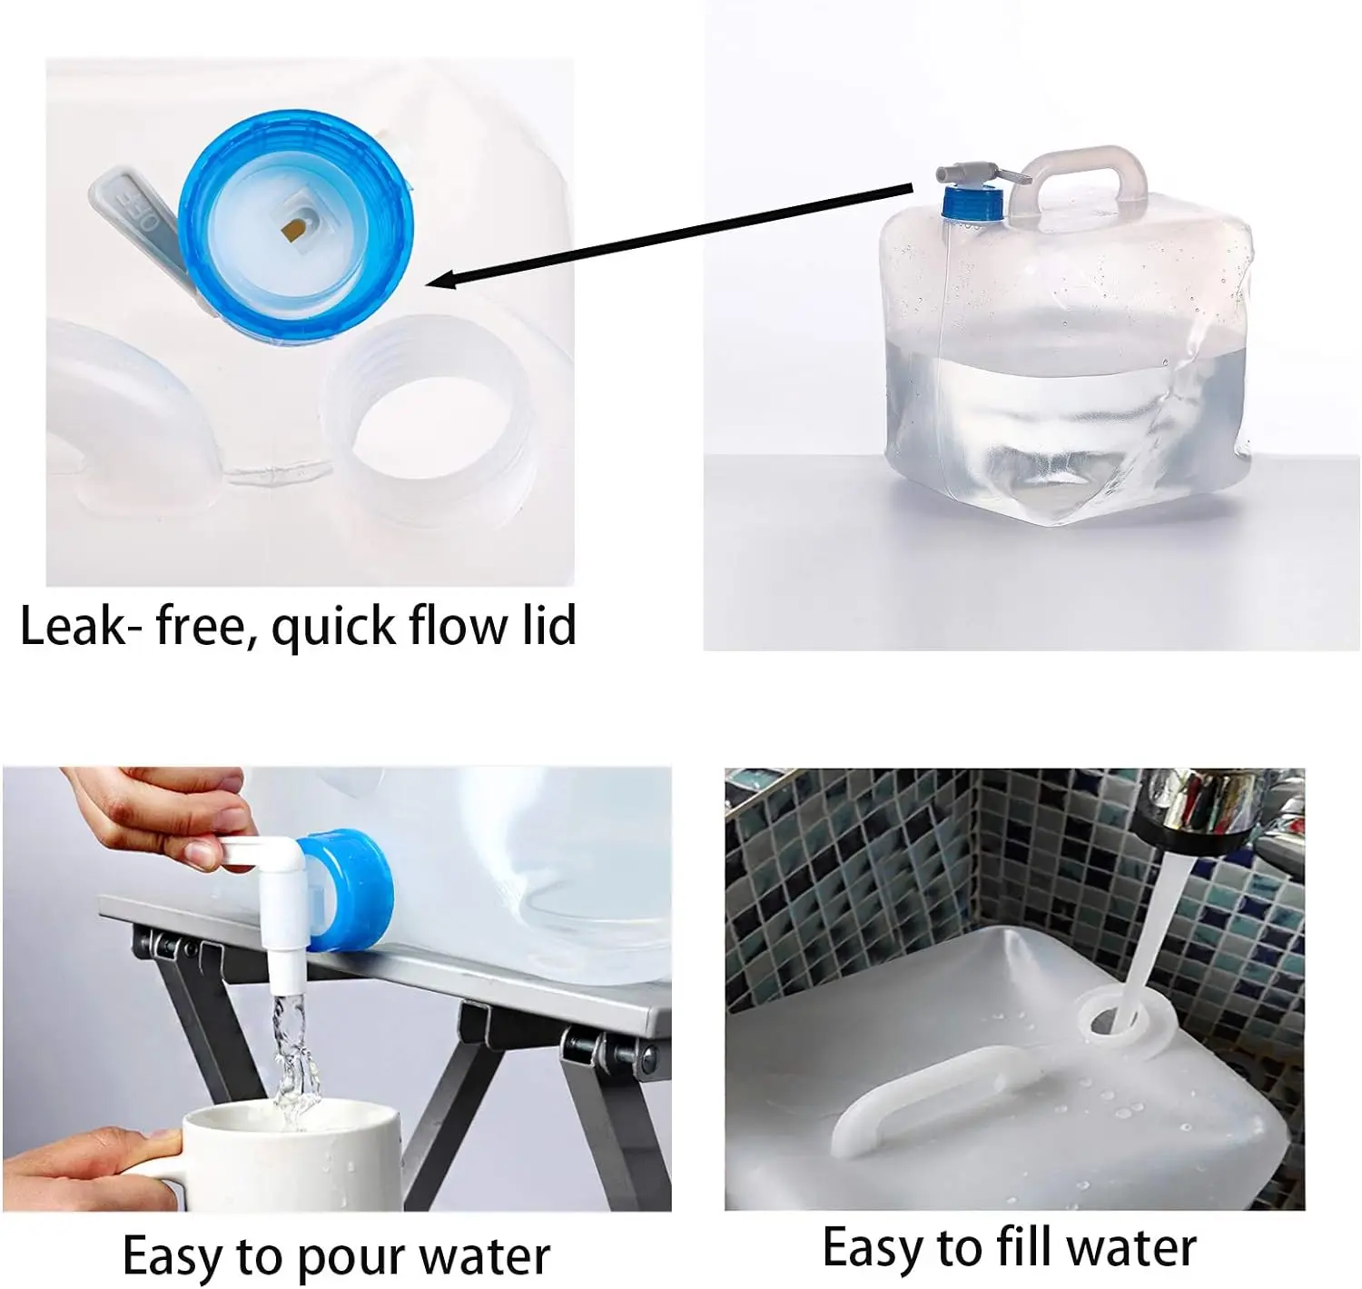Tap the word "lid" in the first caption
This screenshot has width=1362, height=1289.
[548, 626]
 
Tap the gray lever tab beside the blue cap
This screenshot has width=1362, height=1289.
[136, 213]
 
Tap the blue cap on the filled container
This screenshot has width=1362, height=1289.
[972, 202]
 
